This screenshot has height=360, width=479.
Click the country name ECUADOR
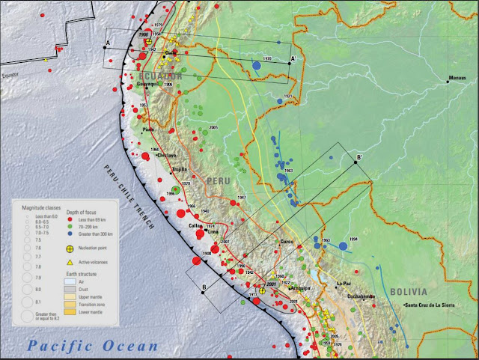tap(159, 76)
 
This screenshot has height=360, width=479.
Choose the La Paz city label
tap(344, 284)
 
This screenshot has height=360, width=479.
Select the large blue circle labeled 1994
tap(343, 245)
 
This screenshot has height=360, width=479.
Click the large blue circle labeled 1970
tap(257, 66)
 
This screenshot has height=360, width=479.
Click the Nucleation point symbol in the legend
tap(69, 248)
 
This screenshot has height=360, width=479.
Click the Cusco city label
tap(287, 241)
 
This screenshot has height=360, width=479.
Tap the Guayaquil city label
tap(149, 85)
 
